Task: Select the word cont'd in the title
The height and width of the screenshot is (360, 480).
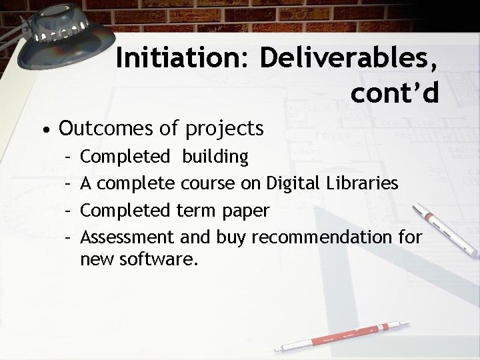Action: [x=395, y=93]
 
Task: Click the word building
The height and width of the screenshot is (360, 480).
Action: [x=215, y=157]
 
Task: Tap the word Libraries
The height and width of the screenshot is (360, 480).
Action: [x=367, y=183]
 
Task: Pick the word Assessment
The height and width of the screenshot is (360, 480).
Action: [x=126, y=237]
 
